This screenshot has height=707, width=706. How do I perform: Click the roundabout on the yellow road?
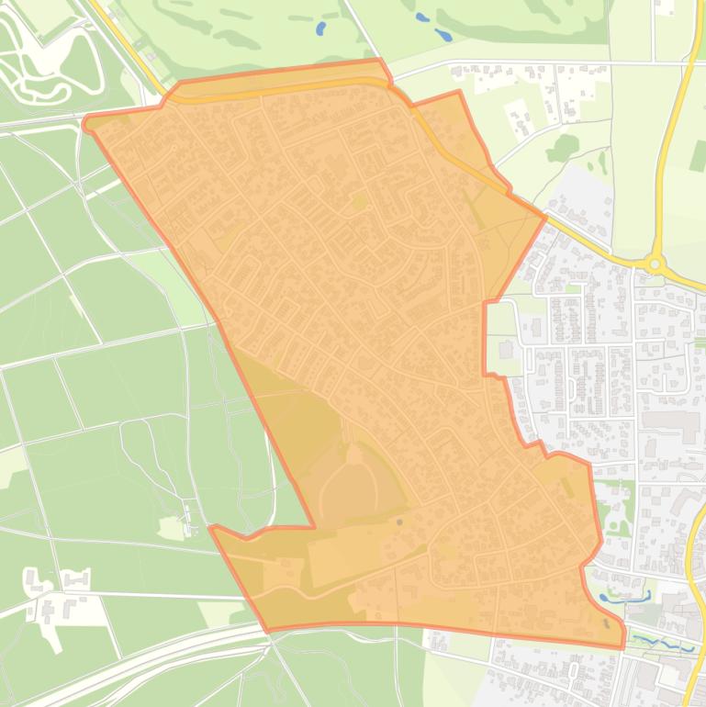[655, 264]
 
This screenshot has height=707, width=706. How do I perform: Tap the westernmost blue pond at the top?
[320, 28]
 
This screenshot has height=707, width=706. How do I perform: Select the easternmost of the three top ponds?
[443, 36]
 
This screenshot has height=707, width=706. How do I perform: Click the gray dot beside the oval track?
[399, 522]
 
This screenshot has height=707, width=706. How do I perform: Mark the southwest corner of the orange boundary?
[267, 631]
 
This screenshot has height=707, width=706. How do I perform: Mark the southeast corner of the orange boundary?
[622, 646]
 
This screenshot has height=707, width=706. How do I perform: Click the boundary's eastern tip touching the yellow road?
[545, 218]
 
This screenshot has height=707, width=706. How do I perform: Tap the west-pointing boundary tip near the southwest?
[212, 528]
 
